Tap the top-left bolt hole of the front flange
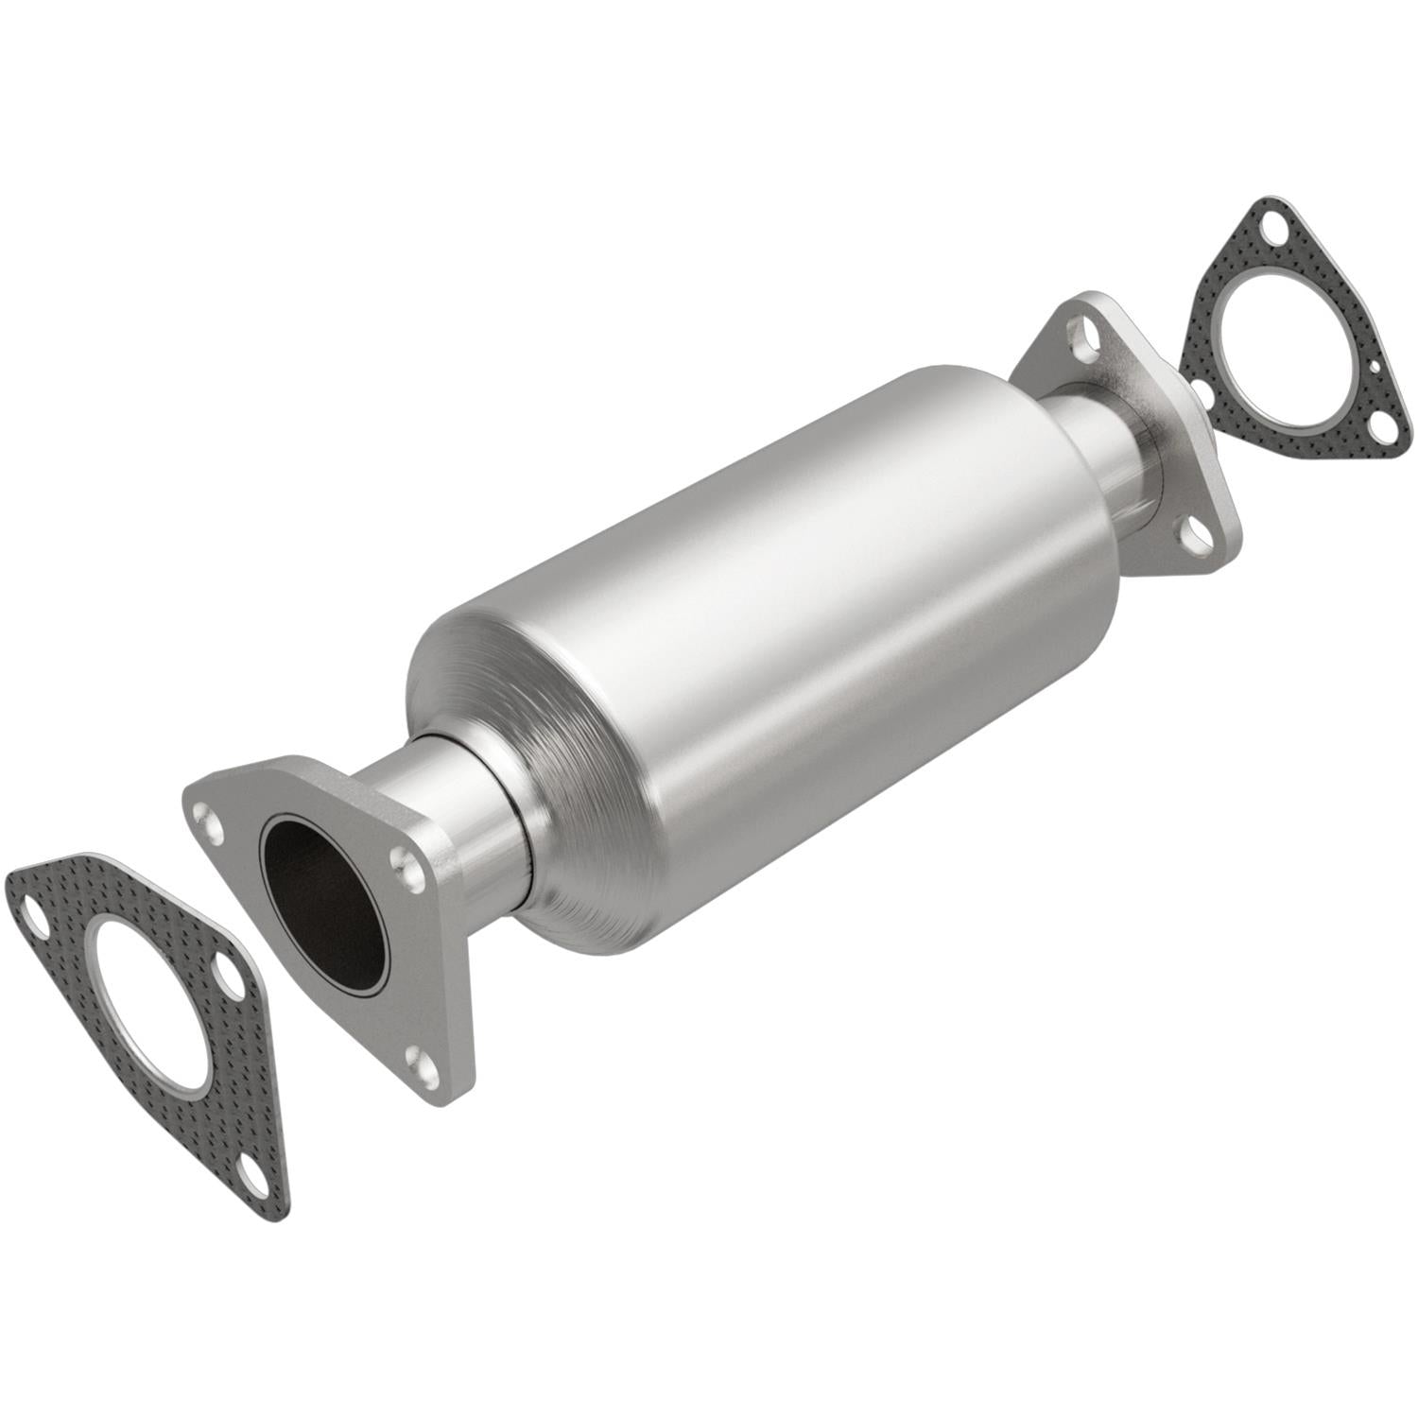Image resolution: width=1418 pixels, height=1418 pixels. (206, 815)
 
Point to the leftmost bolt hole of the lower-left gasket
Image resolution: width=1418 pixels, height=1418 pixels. (31, 915)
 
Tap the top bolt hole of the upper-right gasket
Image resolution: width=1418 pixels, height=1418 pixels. (1275, 227)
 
